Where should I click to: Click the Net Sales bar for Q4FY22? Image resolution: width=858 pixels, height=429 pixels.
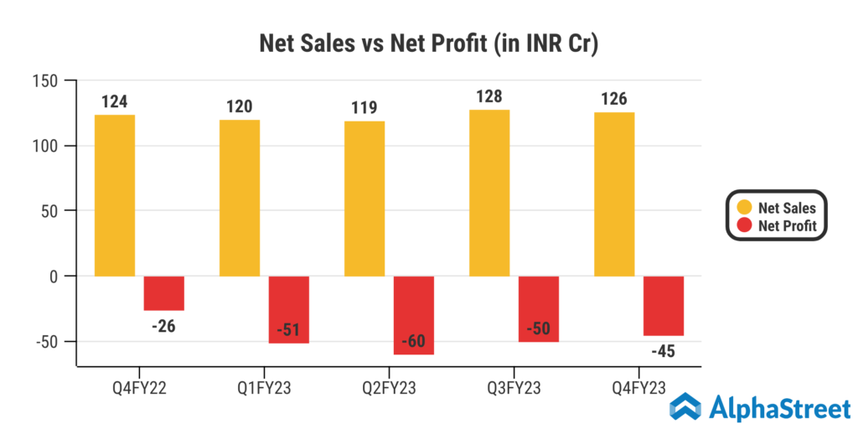pos(114,195)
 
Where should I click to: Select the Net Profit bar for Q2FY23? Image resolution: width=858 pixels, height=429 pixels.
pos(414,315)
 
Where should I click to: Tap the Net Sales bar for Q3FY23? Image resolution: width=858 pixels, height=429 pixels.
pos(489,193)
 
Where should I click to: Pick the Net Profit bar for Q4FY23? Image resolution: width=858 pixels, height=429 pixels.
pos(664,306)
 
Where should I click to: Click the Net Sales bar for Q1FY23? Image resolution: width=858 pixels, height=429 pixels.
pos(240,198)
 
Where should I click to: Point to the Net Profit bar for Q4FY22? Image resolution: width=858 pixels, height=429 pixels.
pos(163,293)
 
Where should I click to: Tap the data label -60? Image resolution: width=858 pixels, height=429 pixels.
pos(414,342)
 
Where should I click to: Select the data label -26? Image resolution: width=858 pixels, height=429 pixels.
pos(164,325)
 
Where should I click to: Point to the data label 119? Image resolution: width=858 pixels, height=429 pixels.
pos(364,107)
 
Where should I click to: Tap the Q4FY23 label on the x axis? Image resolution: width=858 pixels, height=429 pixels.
pos(639,388)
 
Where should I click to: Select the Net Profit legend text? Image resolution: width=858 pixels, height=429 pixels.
pos(787,225)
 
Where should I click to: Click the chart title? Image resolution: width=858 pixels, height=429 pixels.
pos(428,44)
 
